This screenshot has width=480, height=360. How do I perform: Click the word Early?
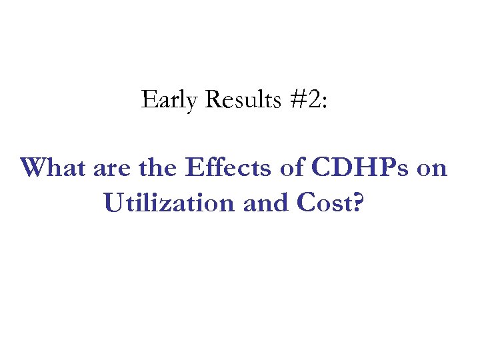(170, 100)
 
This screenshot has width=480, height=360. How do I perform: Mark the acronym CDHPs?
(359, 167)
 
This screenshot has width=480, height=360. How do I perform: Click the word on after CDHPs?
(432, 169)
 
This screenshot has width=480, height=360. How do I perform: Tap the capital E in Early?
(148, 100)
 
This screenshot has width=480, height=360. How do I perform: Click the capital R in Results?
(214, 100)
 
